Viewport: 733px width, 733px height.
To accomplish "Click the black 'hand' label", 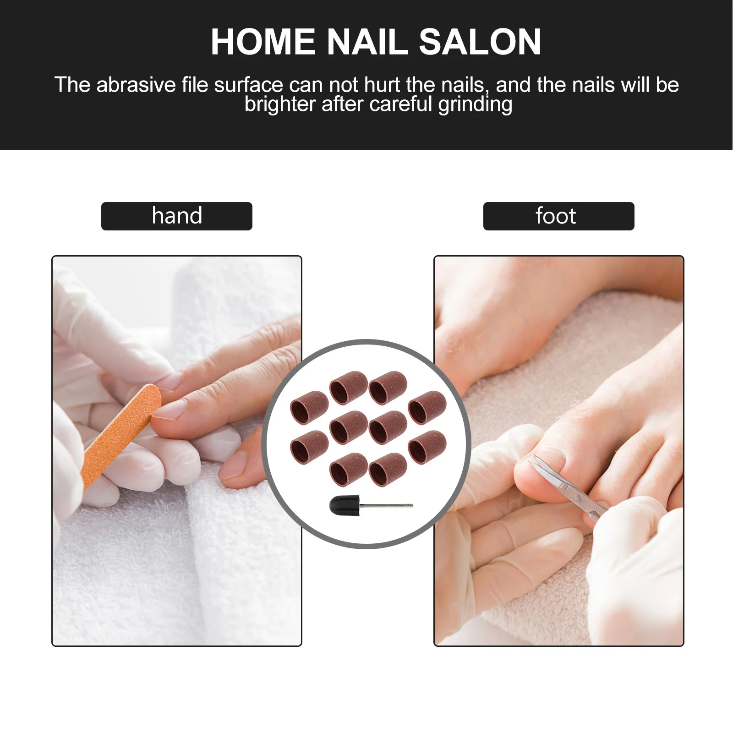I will (177, 216).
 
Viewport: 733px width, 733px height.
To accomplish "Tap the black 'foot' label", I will (558, 216).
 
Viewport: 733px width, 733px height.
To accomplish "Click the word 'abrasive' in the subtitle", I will (136, 85).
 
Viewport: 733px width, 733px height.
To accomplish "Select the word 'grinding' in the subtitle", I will (475, 105).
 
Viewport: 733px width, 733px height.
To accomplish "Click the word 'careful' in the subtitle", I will (400, 105).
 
